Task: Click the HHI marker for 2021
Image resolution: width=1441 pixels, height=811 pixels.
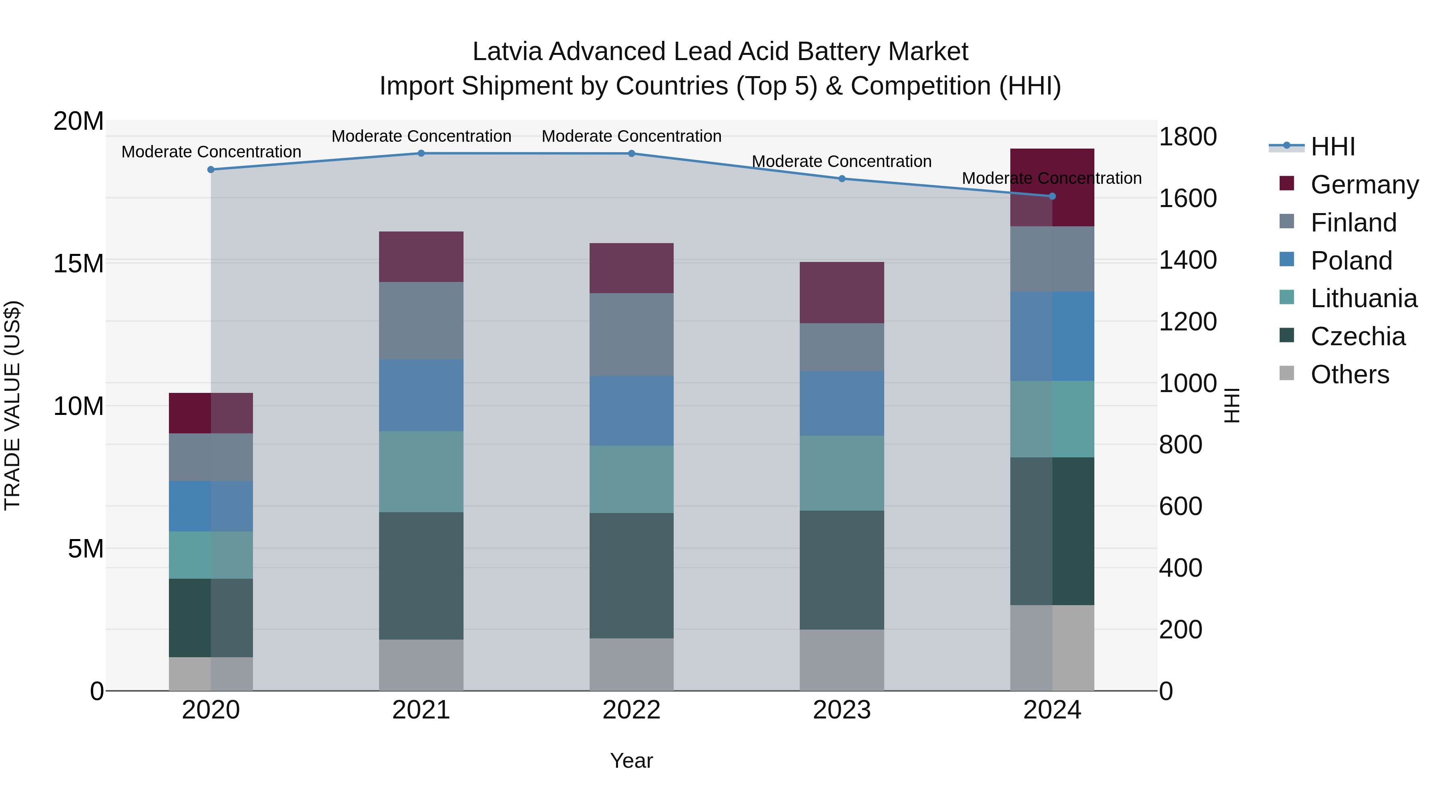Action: coord(421,153)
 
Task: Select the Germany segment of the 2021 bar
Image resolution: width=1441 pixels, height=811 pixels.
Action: coord(421,256)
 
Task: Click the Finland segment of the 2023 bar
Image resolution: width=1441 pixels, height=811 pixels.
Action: coord(841,346)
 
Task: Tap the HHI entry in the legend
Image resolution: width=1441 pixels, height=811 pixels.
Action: coord(1333,147)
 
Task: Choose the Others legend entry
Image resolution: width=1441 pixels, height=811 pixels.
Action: coord(1349,374)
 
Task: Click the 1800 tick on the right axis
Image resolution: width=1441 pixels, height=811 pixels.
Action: coord(1187,137)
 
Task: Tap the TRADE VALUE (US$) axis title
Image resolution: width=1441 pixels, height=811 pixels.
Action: coord(12,405)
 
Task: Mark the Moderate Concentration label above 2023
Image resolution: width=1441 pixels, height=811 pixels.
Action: coord(841,161)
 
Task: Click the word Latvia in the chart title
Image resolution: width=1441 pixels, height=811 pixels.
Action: coord(508,52)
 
